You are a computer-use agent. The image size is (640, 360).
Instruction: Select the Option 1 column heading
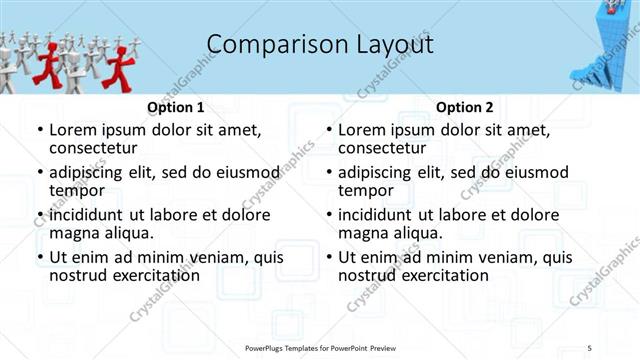click(176, 107)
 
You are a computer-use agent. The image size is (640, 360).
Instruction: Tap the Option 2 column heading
click(465, 107)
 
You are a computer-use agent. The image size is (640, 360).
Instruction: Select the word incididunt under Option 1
click(96, 215)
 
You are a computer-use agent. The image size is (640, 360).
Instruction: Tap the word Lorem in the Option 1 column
click(73, 129)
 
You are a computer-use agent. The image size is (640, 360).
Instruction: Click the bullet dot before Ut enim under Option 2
click(329, 258)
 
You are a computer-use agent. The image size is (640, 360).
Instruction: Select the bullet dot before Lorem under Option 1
click(40, 130)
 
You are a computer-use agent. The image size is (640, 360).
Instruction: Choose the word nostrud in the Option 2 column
click(368, 275)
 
